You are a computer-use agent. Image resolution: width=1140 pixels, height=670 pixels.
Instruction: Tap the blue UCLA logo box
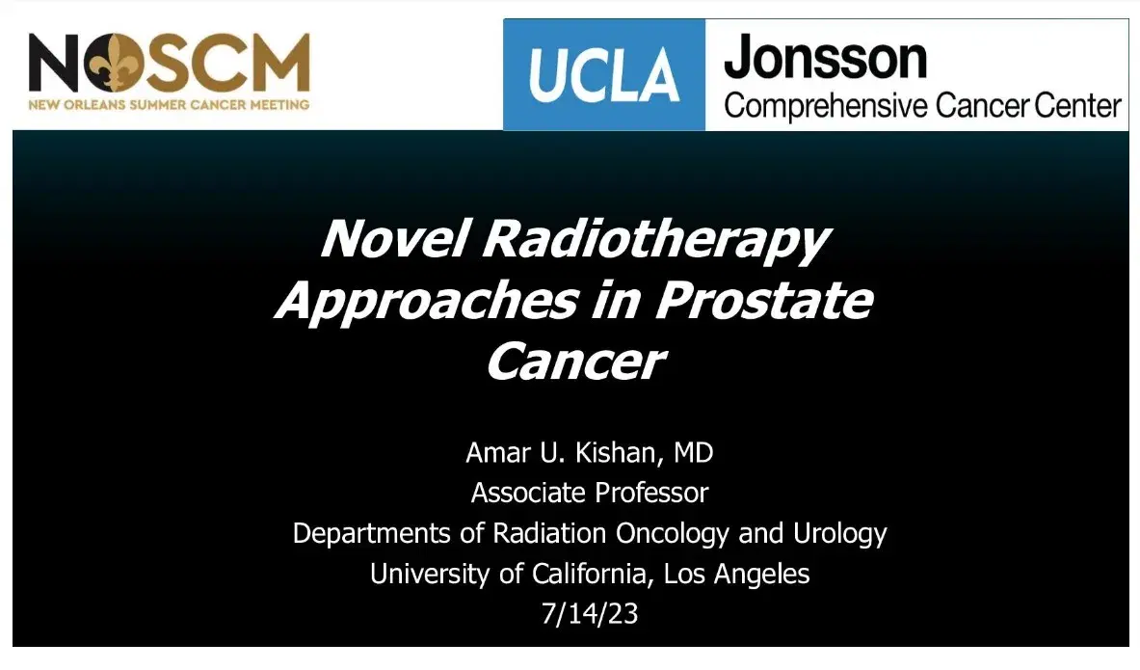pyautogui.click(x=604, y=75)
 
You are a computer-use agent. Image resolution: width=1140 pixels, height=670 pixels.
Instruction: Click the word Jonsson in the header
pyautogui.click(x=825, y=60)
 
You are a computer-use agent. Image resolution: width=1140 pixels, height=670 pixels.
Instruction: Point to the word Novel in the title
pyautogui.click(x=393, y=238)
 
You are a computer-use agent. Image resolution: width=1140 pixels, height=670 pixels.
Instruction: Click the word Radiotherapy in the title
pyautogui.click(x=655, y=240)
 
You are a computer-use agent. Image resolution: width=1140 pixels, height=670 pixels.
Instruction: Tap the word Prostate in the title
pyautogui.click(x=764, y=301)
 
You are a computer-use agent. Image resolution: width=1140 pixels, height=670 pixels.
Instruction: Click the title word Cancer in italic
pyautogui.click(x=576, y=362)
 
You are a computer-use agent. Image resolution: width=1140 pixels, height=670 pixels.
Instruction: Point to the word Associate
pyautogui.click(x=529, y=493)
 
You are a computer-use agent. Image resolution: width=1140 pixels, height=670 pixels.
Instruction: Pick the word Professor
pyautogui.click(x=650, y=493)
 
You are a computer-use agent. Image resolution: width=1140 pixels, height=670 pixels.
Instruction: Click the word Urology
pyautogui.click(x=840, y=533)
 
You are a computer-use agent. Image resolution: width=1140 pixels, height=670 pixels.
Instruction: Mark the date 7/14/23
pyautogui.click(x=590, y=614)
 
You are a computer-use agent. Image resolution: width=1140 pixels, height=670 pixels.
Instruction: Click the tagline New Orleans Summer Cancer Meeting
pyautogui.click(x=169, y=104)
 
